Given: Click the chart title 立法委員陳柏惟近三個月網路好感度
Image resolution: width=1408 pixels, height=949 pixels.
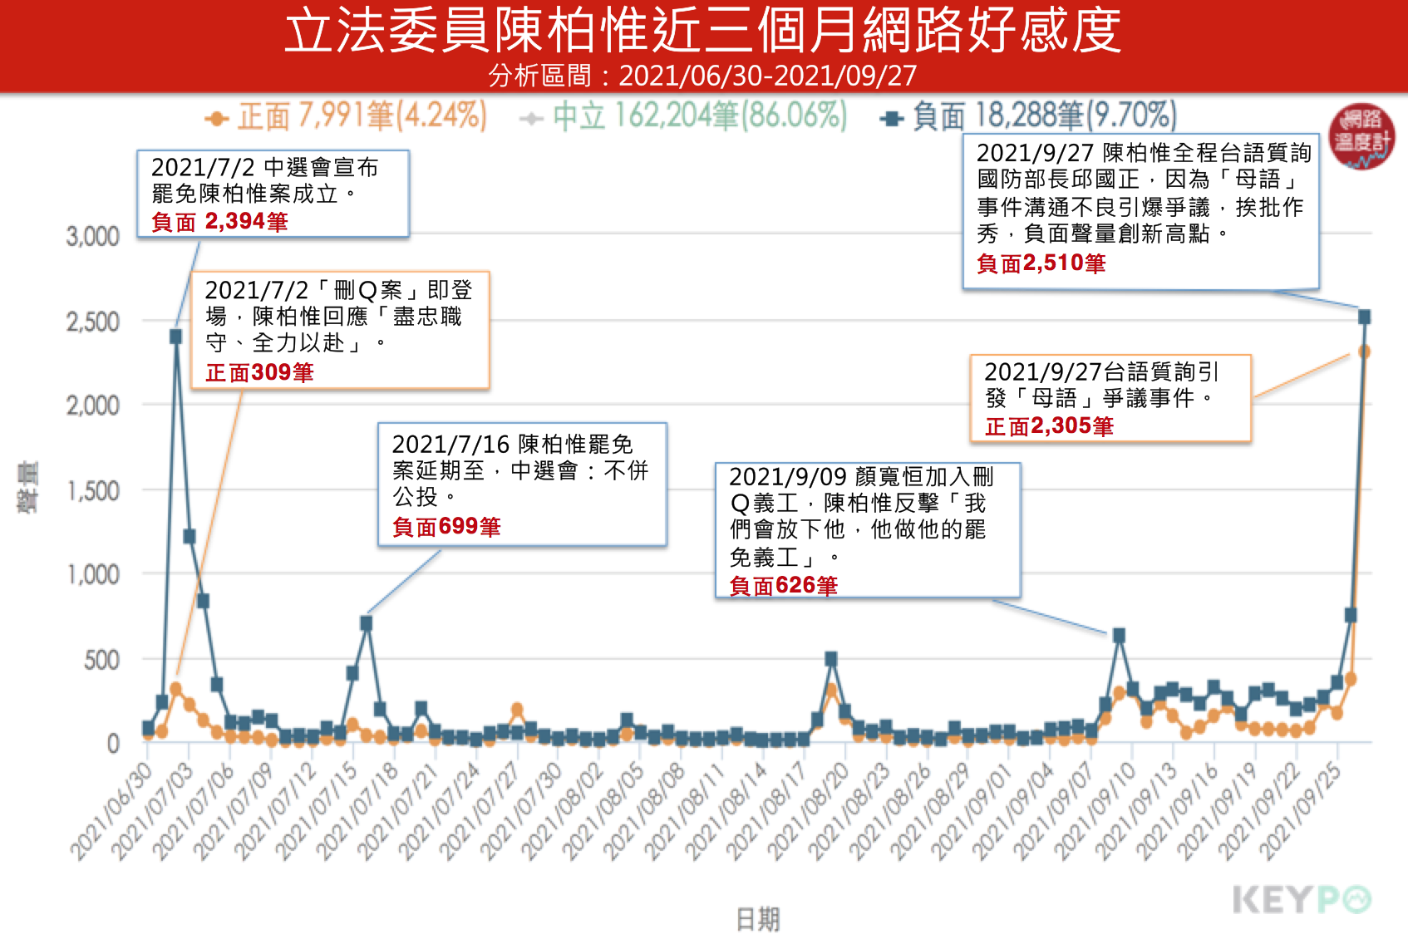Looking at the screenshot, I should pyautogui.click(x=703, y=31).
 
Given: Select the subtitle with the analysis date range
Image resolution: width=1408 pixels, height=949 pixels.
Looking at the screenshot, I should pyautogui.click(x=703, y=76).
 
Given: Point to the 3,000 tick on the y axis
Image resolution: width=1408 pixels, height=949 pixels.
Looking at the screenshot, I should pyautogui.click(x=93, y=237).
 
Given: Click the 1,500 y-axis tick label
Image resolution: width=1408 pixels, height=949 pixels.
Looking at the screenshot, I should pyautogui.click(x=93, y=491).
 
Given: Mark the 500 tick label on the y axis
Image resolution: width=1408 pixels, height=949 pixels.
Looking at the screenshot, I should pyautogui.click(x=101, y=661).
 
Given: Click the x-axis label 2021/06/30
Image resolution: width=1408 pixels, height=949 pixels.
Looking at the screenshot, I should pyautogui.click(x=112, y=810).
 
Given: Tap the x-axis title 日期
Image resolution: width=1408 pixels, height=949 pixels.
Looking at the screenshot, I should pyautogui.click(x=757, y=919).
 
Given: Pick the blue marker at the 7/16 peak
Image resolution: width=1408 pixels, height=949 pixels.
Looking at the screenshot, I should pyautogui.click(x=366, y=622).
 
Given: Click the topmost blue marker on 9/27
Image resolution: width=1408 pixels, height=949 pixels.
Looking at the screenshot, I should pyautogui.click(x=1364, y=317).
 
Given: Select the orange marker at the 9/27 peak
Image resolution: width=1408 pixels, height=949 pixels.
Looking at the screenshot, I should pyautogui.click(x=1364, y=352).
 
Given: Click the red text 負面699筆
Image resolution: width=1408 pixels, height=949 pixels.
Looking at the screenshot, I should pyautogui.click(x=446, y=527).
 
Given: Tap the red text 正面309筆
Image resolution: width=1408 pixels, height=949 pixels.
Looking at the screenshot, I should pyautogui.click(x=259, y=372).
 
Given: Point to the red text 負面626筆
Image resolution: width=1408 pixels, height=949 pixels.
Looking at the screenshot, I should pyautogui.click(x=783, y=586).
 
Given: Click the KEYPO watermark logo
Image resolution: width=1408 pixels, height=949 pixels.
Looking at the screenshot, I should pyautogui.click(x=1301, y=900).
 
